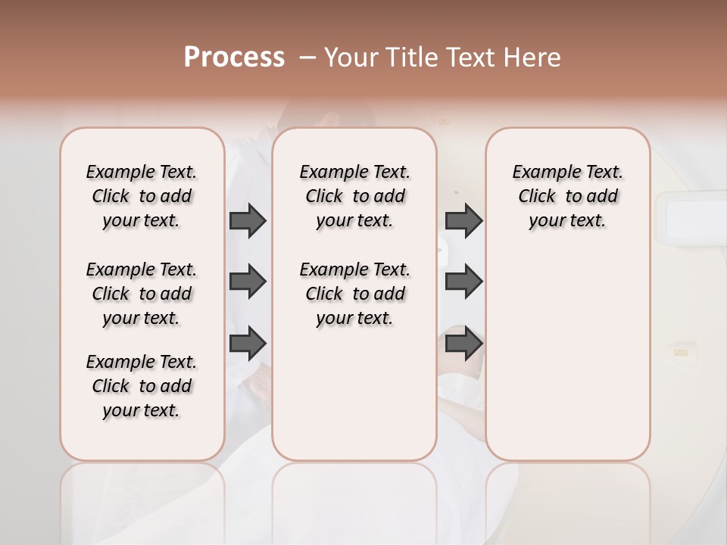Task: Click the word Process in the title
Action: point(234,58)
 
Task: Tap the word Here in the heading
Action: point(532,58)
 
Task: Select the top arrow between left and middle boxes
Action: point(248,220)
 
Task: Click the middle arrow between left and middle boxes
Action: point(248,282)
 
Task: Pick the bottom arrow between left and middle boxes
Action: point(248,344)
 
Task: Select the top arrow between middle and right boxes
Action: point(463,220)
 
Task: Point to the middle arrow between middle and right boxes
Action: point(463,282)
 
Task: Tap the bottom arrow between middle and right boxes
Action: point(463,344)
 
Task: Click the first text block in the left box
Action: point(142,196)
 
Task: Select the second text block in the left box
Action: point(142,294)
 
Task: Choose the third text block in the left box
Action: point(142,386)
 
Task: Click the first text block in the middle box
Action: point(354,196)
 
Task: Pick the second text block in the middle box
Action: point(354,294)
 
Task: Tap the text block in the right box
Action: point(567,196)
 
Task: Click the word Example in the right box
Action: point(541,173)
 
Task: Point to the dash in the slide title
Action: point(307,58)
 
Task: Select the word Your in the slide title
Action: point(350,58)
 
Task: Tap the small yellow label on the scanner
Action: point(681,351)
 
